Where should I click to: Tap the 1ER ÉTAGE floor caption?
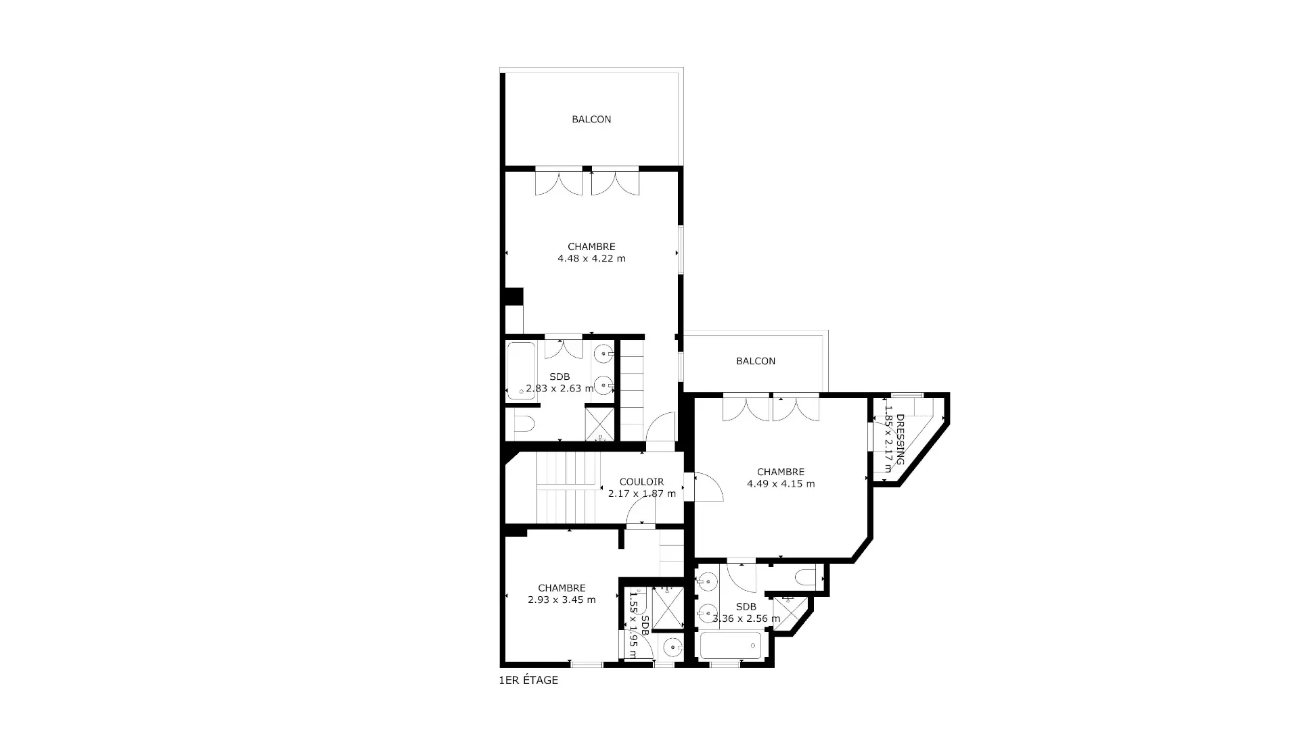[528, 681]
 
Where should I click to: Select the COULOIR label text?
[641, 482]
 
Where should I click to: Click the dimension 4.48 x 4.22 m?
[591, 258]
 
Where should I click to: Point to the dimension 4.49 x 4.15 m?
[781, 484]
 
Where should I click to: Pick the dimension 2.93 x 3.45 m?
[562, 600]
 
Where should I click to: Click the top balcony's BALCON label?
[591, 120]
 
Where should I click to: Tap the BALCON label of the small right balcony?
[756, 361]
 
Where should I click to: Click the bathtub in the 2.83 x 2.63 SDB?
[522, 370]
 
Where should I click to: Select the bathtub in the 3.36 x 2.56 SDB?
[731, 646]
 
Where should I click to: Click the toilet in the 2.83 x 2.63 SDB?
[524, 424]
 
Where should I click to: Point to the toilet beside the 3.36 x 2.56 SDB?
[808, 579]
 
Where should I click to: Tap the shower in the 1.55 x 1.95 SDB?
[668, 608]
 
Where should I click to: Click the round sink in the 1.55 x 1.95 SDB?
[673, 648]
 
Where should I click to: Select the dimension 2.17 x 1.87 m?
[642, 493]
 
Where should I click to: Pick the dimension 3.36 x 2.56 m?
[746, 618]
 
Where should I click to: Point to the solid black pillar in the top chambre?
[514, 297]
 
